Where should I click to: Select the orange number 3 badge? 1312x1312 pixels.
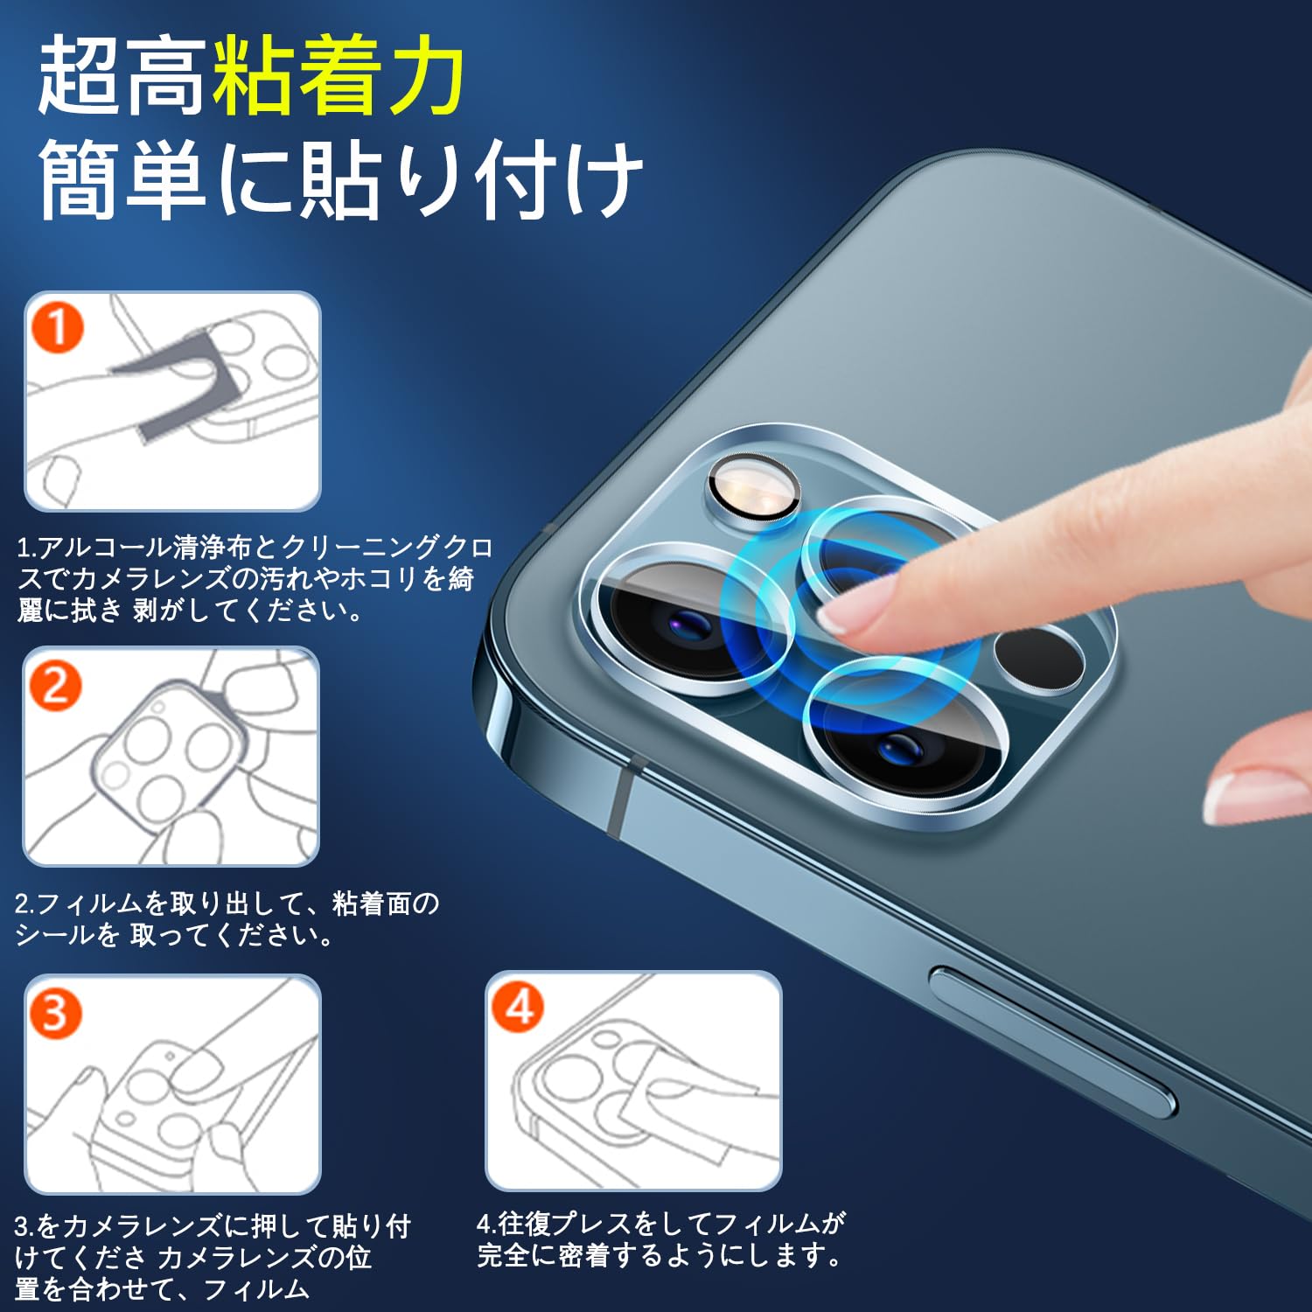pyautogui.click(x=55, y=1013)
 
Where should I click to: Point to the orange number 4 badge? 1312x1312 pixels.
pyautogui.click(x=518, y=1007)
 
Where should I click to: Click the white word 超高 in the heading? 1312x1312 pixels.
pyautogui.click(x=122, y=76)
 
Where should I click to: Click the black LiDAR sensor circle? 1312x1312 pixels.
pyautogui.click(x=1040, y=657)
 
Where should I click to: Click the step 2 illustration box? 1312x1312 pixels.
pyautogui.click(x=171, y=757)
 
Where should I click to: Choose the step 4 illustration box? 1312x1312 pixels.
pyautogui.click(x=633, y=1081)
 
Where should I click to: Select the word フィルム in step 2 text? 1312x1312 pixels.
pyautogui.click(x=90, y=903)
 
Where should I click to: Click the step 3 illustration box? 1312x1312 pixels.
pyautogui.click(x=172, y=1085)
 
